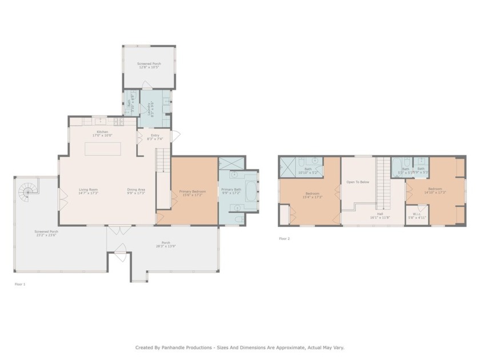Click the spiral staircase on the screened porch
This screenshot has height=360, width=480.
[26, 194]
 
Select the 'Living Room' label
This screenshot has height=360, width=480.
[88, 189]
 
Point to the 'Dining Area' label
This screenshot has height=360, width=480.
[135, 189]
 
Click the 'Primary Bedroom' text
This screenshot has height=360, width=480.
[192, 191]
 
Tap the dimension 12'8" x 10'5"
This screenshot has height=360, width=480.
[148, 67]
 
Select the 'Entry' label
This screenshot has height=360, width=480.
[155, 134]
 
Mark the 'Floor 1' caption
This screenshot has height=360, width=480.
[20, 284]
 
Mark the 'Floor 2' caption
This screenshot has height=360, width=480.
[284, 238]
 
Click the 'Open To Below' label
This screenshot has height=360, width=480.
[358, 182]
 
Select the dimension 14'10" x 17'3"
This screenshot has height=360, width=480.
[435, 192]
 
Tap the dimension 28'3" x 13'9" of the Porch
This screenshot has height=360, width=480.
[166, 246]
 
